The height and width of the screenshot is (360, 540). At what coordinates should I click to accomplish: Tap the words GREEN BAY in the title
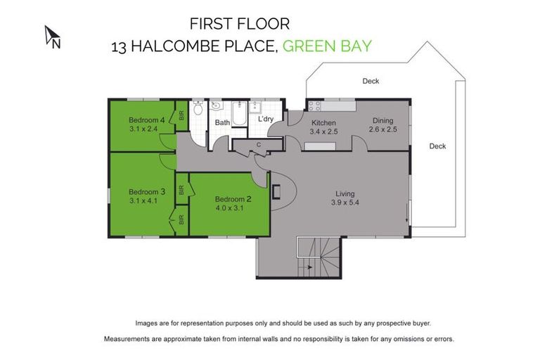(x=326, y=47)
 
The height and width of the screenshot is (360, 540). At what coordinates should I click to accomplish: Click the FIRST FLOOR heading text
(x=239, y=24)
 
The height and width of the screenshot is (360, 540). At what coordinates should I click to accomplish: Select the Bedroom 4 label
(x=146, y=120)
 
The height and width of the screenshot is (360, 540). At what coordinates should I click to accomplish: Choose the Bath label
(x=222, y=122)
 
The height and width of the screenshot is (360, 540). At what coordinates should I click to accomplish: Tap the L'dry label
(x=265, y=120)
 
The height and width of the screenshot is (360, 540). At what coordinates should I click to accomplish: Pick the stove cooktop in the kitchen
(x=313, y=106)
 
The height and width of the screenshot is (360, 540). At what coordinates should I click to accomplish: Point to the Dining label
(x=383, y=120)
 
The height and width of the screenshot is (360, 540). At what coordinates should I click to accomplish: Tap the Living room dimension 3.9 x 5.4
(x=345, y=203)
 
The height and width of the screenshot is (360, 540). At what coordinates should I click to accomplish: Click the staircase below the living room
(x=320, y=257)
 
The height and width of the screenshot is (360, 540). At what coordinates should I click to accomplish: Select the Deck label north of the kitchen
(x=371, y=82)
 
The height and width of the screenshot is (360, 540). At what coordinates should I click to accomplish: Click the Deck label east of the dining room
(x=437, y=146)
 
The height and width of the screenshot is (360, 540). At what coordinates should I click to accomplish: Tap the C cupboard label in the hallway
(x=259, y=146)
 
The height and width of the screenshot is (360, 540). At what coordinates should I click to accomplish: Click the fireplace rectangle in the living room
(x=276, y=191)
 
